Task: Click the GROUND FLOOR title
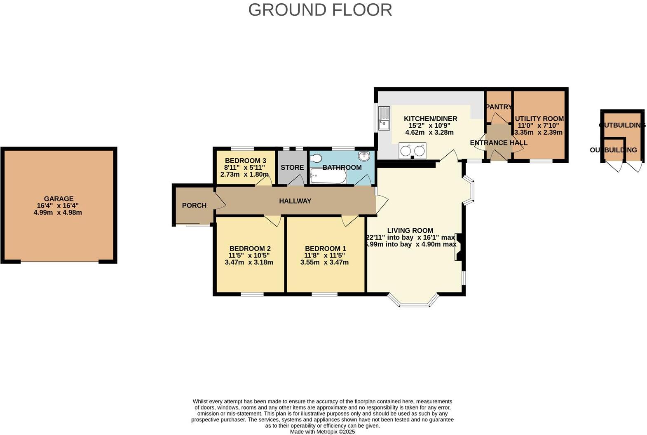click(x=320, y=10)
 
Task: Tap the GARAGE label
click(x=59, y=199)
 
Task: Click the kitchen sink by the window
click(x=384, y=118)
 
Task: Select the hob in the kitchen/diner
click(x=413, y=150)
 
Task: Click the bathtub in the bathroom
click(x=328, y=176)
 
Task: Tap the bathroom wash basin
click(x=364, y=156)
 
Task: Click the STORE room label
click(x=292, y=168)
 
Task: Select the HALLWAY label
click(x=295, y=201)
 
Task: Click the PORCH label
click(x=194, y=206)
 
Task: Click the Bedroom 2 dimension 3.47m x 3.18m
click(x=249, y=262)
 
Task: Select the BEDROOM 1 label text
click(x=326, y=248)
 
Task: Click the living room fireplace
click(x=458, y=247)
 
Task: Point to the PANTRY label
click(x=499, y=107)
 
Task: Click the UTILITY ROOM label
click(x=539, y=119)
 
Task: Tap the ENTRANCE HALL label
click(x=499, y=143)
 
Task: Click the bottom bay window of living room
click(x=413, y=305)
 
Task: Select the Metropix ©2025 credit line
click(x=322, y=432)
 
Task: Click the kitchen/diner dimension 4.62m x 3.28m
click(x=429, y=133)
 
